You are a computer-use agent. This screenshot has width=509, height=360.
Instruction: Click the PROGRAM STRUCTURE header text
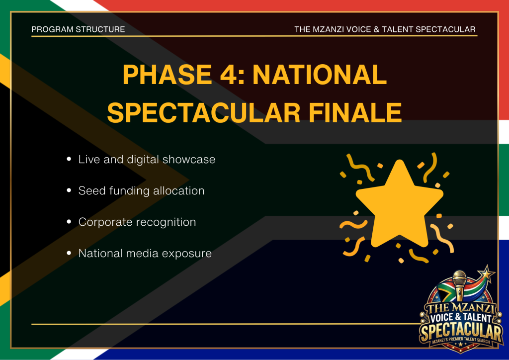pos(78,29)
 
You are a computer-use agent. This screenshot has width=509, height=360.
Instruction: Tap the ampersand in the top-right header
pos(376,29)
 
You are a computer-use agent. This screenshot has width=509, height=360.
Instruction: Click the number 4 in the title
pos(229,75)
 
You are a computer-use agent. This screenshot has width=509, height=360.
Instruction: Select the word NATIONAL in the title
pos(320,75)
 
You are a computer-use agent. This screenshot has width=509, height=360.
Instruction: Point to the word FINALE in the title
pos(355,113)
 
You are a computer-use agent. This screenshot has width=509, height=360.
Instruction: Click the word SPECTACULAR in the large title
pos(203,113)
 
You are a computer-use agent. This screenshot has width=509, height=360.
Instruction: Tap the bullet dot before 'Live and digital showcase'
pos(69,159)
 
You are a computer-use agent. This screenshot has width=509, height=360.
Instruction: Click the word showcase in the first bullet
pos(188,160)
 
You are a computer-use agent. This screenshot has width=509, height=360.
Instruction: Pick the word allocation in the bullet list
pos(179,190)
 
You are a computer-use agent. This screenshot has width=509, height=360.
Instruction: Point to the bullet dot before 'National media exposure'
pos(69,253)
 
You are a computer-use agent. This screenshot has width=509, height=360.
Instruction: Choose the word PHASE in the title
pos(168,75)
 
